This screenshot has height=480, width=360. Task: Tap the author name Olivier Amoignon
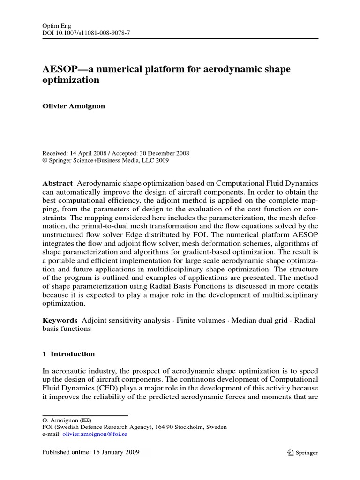74,106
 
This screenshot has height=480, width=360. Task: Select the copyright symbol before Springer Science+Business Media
45,160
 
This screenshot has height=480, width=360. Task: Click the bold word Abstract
58,183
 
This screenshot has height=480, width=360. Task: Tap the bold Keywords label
60,320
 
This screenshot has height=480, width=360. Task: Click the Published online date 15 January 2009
116,452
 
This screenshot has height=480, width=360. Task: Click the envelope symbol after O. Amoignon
86,420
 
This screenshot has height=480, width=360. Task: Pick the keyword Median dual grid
260,320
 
